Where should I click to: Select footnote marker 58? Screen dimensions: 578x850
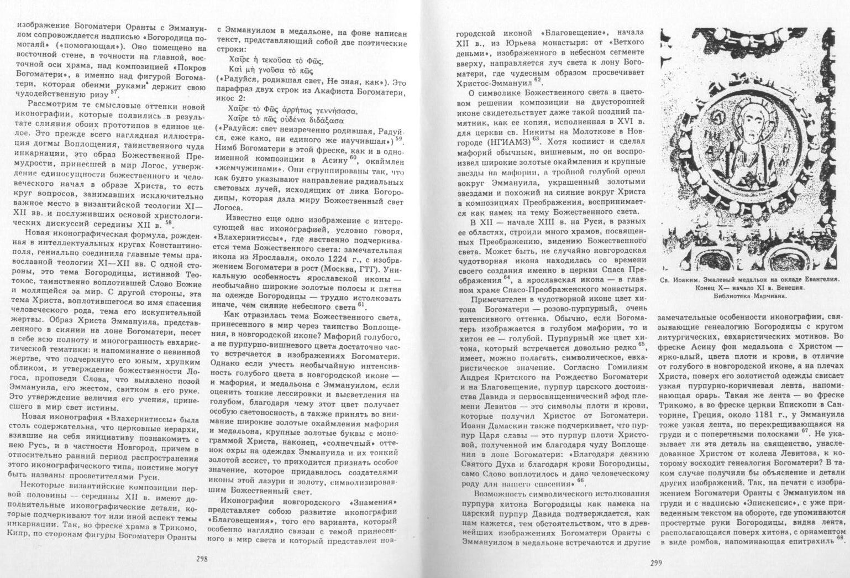[x=169, y=223]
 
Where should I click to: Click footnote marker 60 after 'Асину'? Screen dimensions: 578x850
[x=354, y=159]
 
